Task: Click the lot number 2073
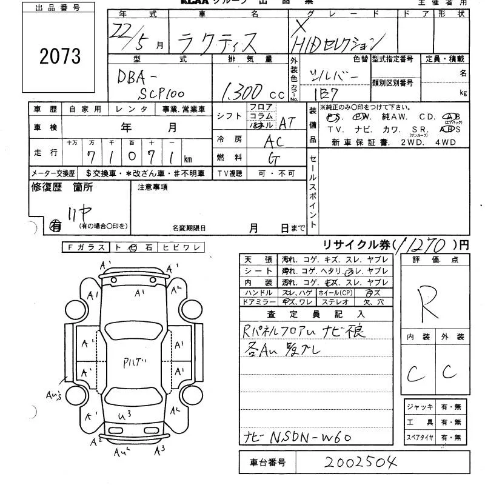pyautogui.click(x=60, y=56)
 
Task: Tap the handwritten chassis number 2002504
pyautogui.click(x=360, y=463)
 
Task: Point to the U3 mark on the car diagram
pyautogui.click(x=125, y=414)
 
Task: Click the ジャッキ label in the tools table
pyautogui.click(x=420, y=406)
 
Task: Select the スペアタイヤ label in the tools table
pyautogui.click(x=420, y=436)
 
